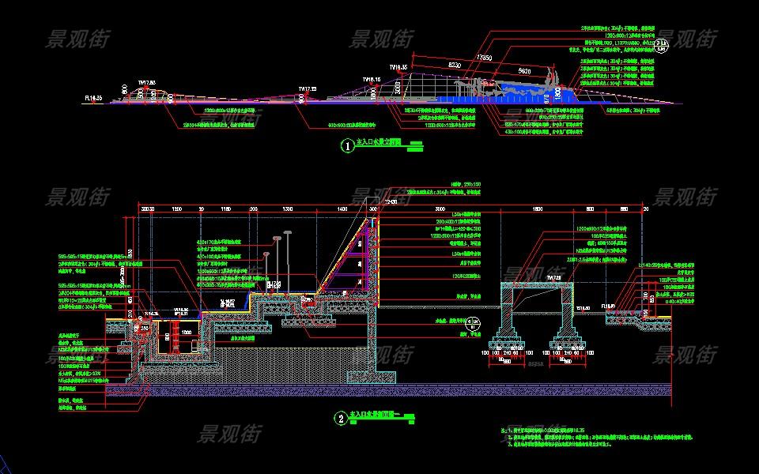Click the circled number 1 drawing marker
click(346, 145)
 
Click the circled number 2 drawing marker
click(340, 418)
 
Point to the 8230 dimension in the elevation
click(455, 62)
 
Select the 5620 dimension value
click(523, 71)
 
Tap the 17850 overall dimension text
click(484, 57)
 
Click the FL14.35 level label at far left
click(93, 98)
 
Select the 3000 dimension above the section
click(440, 207)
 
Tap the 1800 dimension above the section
click(537, 207)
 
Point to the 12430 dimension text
click(389, 201)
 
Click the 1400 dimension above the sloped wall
click(342, 207)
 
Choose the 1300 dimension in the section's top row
click(286, 207)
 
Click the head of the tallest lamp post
click(277, 236)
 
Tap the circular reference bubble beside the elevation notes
click(663, 45)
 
